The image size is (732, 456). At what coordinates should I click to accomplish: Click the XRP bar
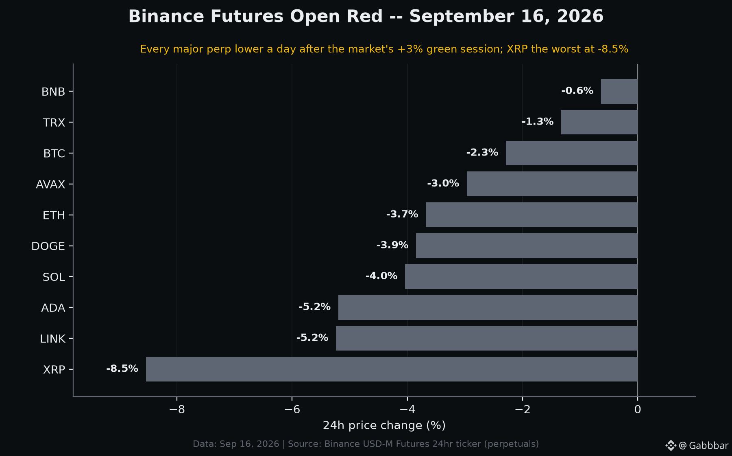click(x=392, y=369)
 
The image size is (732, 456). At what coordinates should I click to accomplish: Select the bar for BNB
click(x=619, y=91)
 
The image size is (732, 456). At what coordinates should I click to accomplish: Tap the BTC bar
click(x=572, y=153)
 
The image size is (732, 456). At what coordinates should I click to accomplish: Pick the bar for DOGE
click(x=527, y=246)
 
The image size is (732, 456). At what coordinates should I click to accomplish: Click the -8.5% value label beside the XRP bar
click(x=122, y=368)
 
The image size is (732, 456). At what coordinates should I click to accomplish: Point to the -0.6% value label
click(x=577, y=91)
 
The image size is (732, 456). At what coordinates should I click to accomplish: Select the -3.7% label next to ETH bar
click(x=402, y=214)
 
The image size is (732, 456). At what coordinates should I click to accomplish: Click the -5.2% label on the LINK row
click(x=312, y=338)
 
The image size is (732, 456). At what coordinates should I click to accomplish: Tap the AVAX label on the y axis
click(x=50, y=184)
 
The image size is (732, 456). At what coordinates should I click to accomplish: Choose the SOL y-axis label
click(x=54, y=277)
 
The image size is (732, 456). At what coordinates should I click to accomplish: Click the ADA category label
click(x=53, y=308)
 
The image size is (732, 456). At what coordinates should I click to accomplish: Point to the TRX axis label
click(x=54, y=123)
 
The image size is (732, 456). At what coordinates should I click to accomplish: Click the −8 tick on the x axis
click(x=177, y=410)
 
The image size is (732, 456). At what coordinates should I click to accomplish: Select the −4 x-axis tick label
click(x=407, y=410)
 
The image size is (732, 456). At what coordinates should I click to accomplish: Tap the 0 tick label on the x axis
click(x=638, y=410)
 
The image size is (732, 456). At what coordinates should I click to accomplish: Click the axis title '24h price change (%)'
click(x=384, y=425)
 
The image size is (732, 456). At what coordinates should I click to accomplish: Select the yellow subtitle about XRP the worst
click(x=384, y=49)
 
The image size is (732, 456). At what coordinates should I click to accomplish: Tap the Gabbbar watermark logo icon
click(x=671, y=445)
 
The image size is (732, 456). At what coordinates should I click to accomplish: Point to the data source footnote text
click(x=366, y=444)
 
